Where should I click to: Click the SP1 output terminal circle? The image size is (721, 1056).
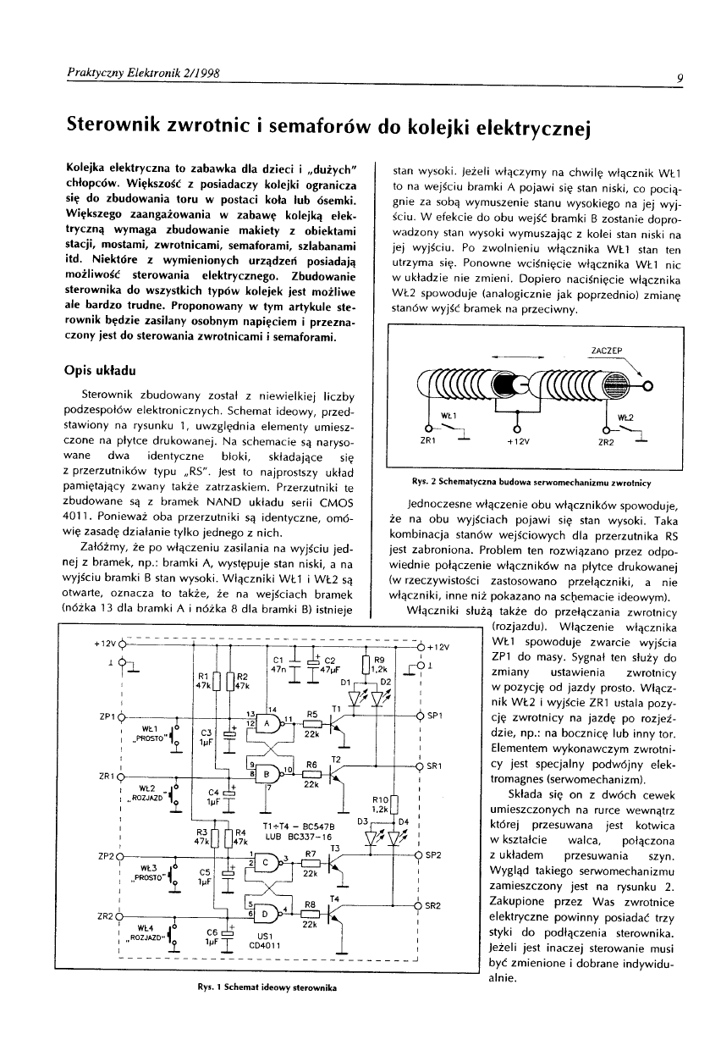[421, 716]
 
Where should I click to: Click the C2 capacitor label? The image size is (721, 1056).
[330, 659]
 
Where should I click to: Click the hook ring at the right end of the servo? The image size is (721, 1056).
[649, 387]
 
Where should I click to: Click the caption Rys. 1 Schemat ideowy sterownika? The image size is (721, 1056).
[263, 988]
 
